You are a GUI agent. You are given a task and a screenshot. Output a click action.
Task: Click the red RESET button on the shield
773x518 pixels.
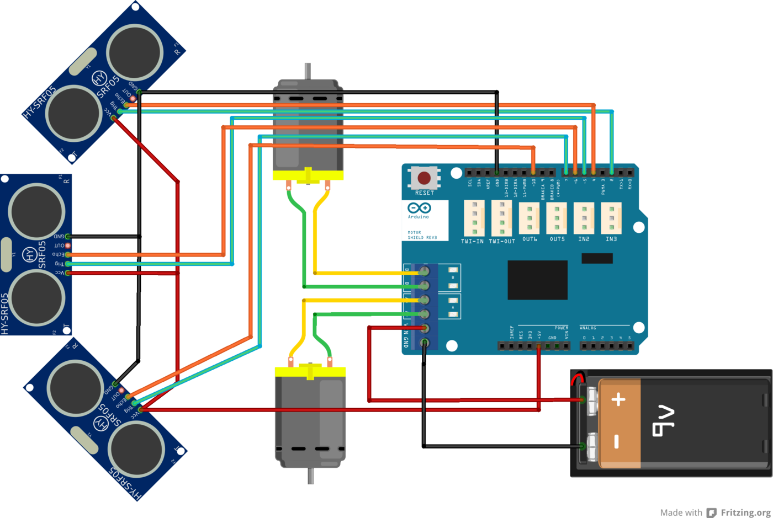pos(424,178)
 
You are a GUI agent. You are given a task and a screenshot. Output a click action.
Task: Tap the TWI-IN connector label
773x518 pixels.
pos(472,241)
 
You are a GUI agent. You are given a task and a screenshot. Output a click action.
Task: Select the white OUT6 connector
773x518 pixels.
pos(529,218)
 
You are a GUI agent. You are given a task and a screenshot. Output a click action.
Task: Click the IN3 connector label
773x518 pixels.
pos(611,239)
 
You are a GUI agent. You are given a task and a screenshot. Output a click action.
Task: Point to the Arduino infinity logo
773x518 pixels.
pos(419,208)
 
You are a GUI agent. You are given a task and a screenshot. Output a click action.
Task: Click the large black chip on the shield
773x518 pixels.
pos(537,280)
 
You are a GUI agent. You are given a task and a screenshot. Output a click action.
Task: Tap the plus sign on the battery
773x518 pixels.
pos(618,399)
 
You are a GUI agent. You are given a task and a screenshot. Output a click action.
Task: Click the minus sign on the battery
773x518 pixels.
pos(617,441)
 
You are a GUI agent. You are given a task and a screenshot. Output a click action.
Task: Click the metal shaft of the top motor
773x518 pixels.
pos(308,71)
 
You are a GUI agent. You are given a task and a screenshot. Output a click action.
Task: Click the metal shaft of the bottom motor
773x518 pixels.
pos(310,475)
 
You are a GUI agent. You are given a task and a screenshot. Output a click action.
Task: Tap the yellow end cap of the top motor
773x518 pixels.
pos(308,175)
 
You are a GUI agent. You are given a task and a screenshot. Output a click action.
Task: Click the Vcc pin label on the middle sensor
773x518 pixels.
pos(59,273)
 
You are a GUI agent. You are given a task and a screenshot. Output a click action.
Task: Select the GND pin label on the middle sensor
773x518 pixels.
pos(59,237)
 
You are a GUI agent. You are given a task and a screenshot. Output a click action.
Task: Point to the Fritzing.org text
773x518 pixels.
pos(745,512)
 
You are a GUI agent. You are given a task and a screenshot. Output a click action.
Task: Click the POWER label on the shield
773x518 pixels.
pos(561,328)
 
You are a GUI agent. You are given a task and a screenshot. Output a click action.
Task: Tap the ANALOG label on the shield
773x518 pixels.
pos(587,328)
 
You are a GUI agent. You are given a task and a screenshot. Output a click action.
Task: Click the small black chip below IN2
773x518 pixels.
pos(597,258)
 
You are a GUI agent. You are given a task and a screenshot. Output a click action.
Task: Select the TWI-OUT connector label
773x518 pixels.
pos(501,241)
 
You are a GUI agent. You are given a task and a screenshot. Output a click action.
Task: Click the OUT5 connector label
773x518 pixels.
pos(557,239)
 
